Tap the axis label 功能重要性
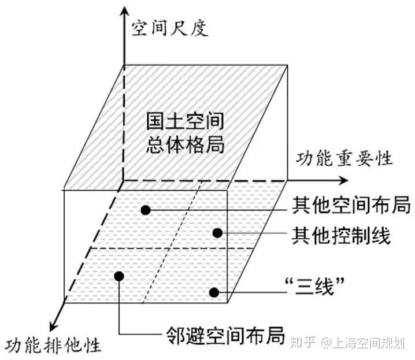(344, 157)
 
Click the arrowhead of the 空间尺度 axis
(123, 13)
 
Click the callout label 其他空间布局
(351, 205)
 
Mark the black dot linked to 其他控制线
(217, 233)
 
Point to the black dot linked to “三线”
(214, 292)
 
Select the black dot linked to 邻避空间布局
(120, 276)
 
